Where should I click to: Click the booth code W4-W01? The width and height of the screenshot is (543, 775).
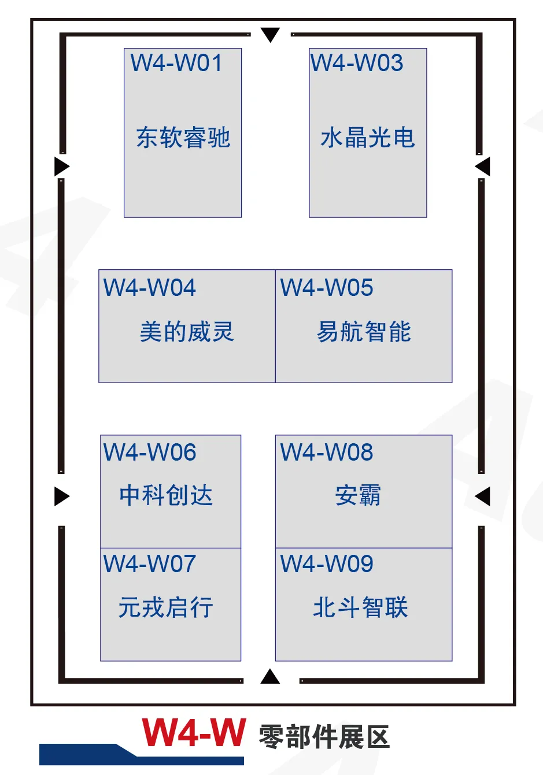[x=176, y=63]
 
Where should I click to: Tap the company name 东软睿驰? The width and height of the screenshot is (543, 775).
[x=183, y=138]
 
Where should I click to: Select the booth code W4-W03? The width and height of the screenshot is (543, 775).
[x=357, y=63]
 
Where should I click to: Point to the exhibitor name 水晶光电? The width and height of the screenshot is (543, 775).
[x=368, y=138]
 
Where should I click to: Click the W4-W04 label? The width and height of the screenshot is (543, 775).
[x=150, y=288]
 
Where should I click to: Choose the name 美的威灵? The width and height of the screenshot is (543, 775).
[x=186, y=332]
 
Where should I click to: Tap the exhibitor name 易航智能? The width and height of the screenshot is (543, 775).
[x=364, y=332]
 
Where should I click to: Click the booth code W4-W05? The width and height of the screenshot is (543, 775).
[x=327, y=288]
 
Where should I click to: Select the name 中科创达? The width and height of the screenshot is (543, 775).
[x=166, y=495]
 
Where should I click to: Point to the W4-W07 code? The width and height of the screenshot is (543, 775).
[x=150, y=564]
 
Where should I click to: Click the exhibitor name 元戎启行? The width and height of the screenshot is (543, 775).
[x=166, y=607]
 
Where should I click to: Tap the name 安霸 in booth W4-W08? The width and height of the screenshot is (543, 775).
[x=358, y=495]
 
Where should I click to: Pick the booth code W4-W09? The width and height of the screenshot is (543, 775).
[x=327, y=564]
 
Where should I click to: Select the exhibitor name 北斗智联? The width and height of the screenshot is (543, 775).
[x=361, y=607]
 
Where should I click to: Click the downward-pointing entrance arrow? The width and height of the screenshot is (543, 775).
[x=270, y=34]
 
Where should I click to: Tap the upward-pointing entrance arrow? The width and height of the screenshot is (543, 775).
[x=270, y=677]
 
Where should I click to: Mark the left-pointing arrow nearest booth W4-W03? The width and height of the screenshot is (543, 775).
[x=483, y=166]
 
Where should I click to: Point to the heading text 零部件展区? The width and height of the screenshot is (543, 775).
[x=324, y=737]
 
